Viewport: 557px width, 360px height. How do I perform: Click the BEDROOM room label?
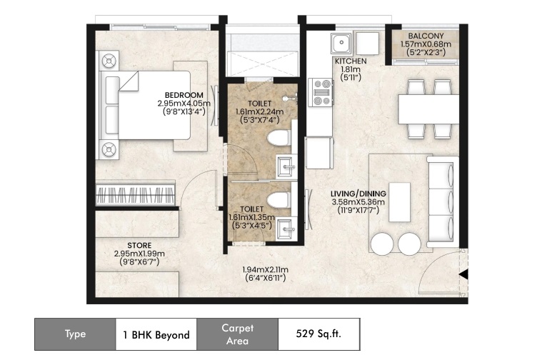point(184,95)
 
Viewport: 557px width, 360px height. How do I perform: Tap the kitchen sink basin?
point(341,44)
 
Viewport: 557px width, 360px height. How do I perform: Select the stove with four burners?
point(321,92)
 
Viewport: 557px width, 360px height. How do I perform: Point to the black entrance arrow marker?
point(463,275)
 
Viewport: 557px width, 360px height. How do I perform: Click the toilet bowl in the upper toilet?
point(278,138)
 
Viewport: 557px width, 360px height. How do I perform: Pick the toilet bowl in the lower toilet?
point(278,201)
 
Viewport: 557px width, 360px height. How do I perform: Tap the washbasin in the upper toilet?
point(286,166)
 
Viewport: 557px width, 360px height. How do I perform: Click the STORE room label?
point(139,245)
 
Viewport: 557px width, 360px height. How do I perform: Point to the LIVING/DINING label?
point(358,194)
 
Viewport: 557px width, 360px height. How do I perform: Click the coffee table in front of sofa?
point(400,202)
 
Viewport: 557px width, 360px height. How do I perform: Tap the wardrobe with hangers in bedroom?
point(136,195)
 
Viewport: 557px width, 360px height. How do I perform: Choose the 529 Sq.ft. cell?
point(318,334)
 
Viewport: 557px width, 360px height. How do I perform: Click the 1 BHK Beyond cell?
point(156,334)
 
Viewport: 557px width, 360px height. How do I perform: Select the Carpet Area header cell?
point(237,334)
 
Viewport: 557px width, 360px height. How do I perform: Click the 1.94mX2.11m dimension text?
point(265,270)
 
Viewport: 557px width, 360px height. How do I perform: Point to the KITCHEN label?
point(351,61)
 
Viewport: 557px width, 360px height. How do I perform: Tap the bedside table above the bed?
point(109,61)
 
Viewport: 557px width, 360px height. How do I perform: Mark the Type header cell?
point(75,334)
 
